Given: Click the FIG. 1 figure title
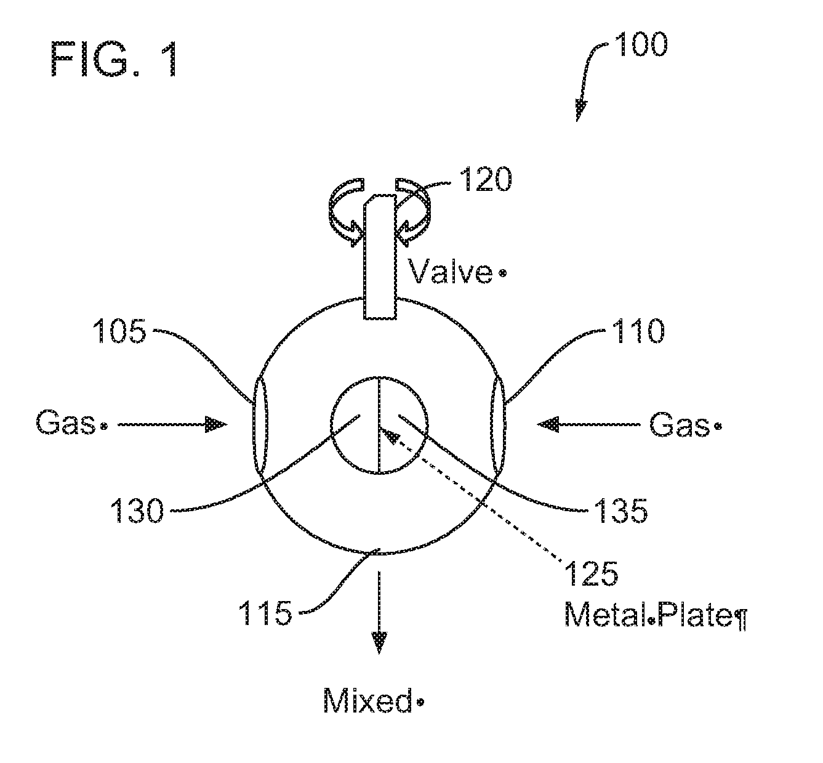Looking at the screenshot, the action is pyautogui.click(x=115, y=59).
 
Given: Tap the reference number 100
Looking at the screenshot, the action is pyautogui.click(x=641, y=45).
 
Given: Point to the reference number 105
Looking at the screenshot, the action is pyautogui.click(x=119, y=331).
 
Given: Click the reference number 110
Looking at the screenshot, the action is pyautogui.click(x=638, y=331).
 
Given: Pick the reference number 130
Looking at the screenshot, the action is pyautogui.click(x=137, y=511).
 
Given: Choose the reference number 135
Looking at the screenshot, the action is pyautogui.click(x=620, y=511).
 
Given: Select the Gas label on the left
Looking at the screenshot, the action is pyautogui.click(x=66, y=424).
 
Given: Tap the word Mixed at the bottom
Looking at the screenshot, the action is pyautogui.click(x=367, y=701).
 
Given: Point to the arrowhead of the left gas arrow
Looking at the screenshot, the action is pyautogui.click(x=216, y=424).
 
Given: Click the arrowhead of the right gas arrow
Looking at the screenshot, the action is pyautogui.click(x=548, y=424).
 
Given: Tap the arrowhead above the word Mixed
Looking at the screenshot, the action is pyautogui.click(x=379, y=642).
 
